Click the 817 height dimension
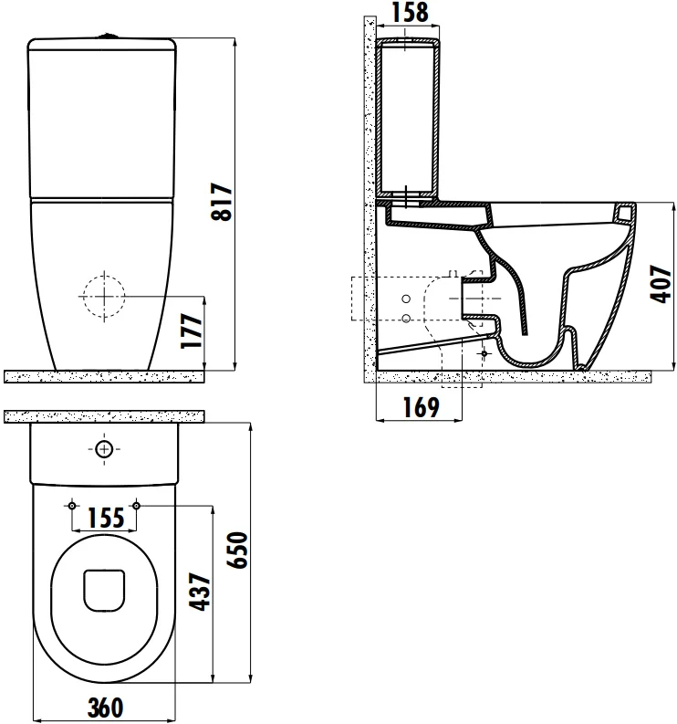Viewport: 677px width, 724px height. (x=222, y=202)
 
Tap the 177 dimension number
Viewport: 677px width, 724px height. (x=191, y=331)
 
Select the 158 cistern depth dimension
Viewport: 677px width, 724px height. (x=410, y=12)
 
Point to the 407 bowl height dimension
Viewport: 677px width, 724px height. (x=661, y=284)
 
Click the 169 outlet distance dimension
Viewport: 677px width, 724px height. (x=421, y=407)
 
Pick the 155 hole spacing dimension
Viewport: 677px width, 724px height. (x=106, y=518)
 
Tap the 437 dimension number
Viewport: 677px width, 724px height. (x=201, y=592)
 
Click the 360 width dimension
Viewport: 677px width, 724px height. (x=105, y=707)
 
